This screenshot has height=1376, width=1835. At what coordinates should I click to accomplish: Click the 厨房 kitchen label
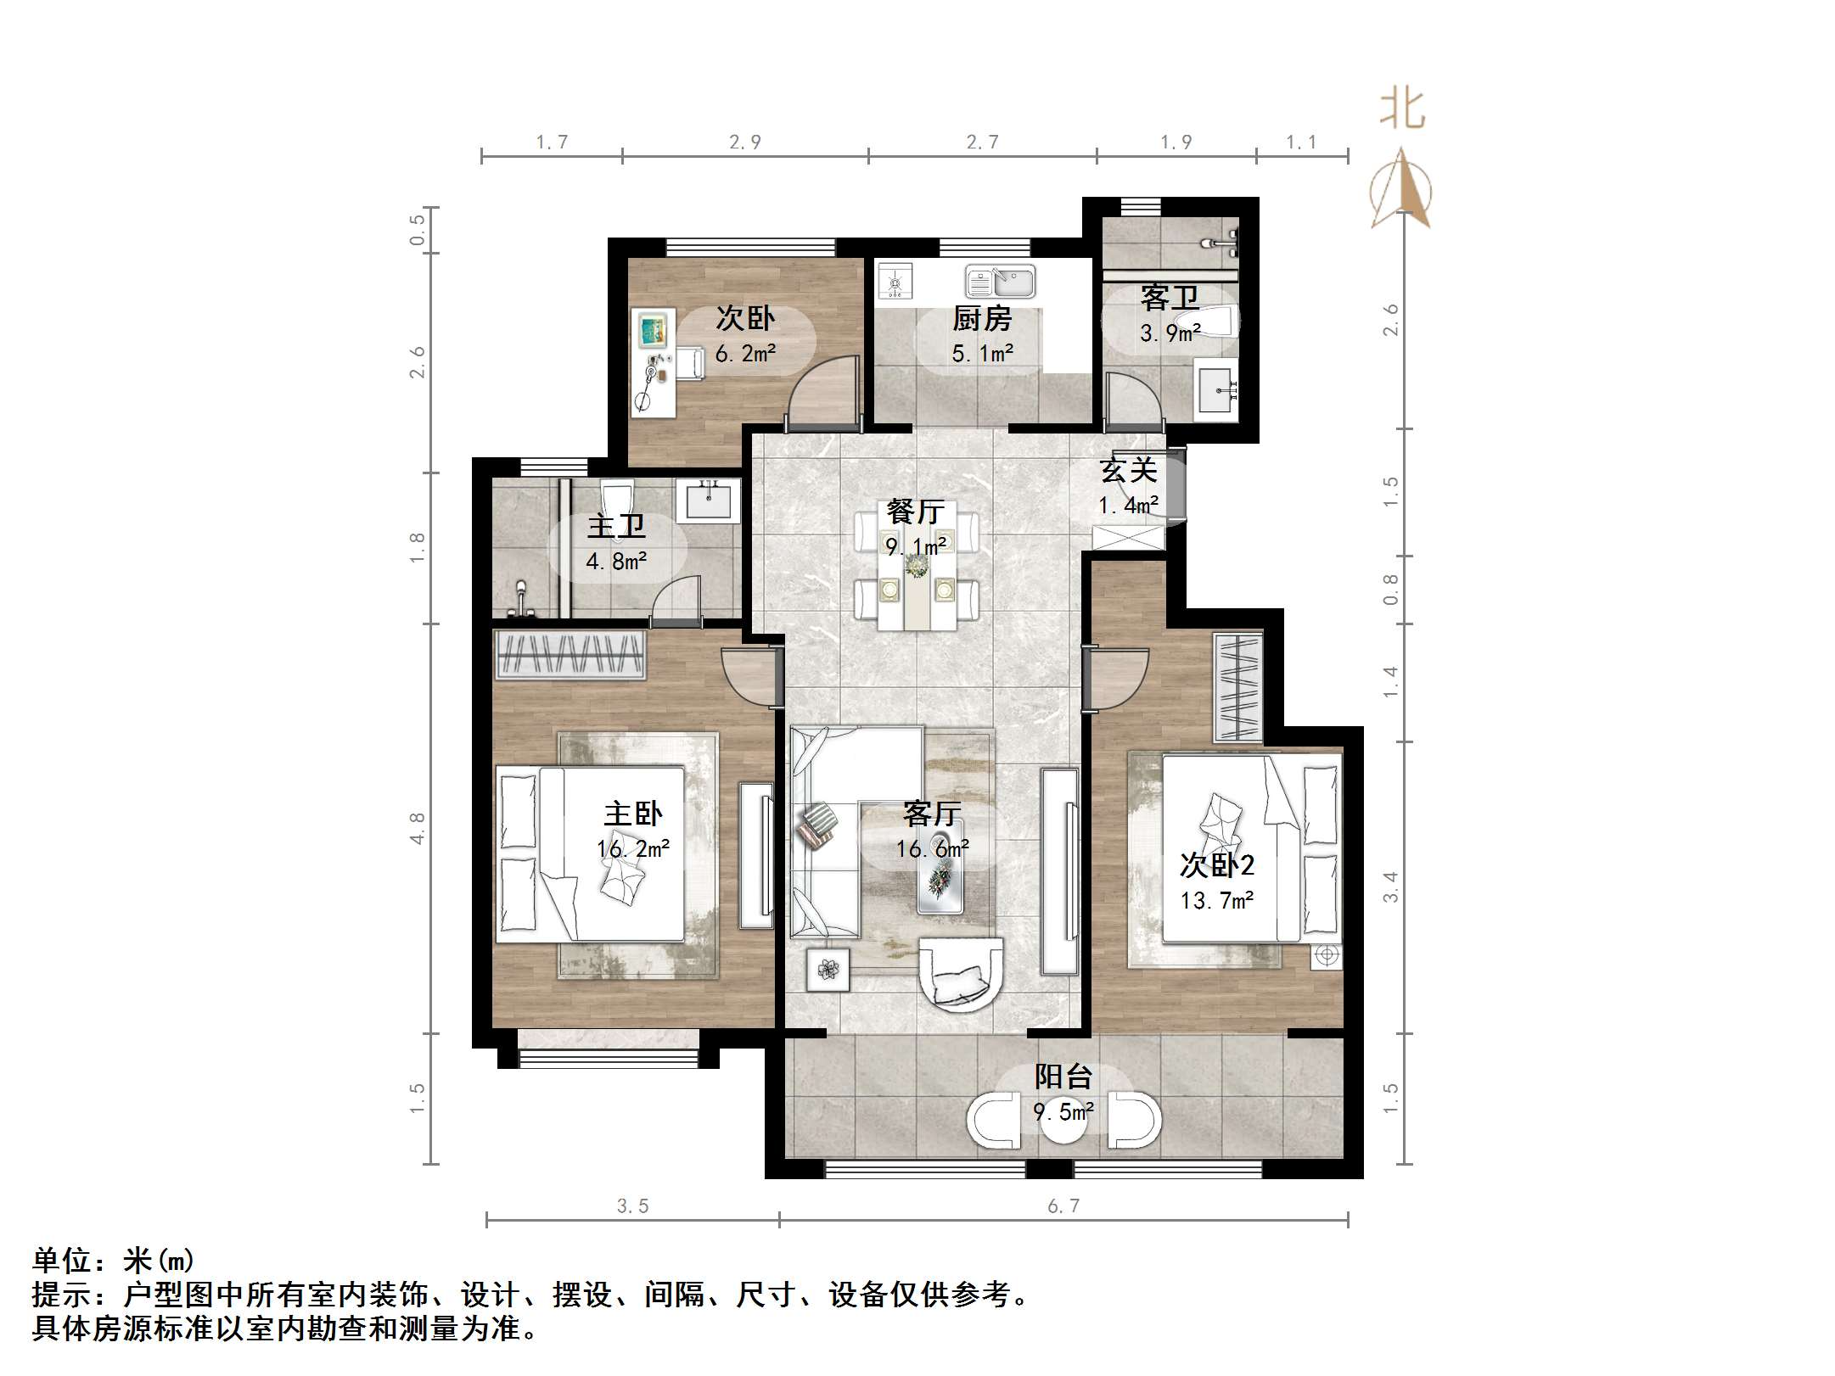point(982,319)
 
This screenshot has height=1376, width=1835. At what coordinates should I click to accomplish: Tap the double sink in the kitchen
point(1000,281)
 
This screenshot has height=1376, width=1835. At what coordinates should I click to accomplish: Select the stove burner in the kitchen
point(895,281)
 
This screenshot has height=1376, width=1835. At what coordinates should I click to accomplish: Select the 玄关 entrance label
point(1128,470)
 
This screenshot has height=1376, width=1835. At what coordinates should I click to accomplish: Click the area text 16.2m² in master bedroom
point(633,848)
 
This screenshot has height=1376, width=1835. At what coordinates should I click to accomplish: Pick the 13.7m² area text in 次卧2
point(1216,900)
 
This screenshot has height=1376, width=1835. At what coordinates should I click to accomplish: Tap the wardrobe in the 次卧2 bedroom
point(1238,687)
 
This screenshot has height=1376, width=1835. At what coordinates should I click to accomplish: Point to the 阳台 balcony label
point(1063,1077)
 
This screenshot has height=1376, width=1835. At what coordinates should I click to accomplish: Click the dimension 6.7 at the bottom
point(1063,1205)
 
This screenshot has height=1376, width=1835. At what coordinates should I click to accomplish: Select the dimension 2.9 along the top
point(744,143)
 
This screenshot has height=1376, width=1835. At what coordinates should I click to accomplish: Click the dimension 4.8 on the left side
point(417,828)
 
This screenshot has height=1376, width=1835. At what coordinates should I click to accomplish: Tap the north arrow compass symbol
point(1401,191)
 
